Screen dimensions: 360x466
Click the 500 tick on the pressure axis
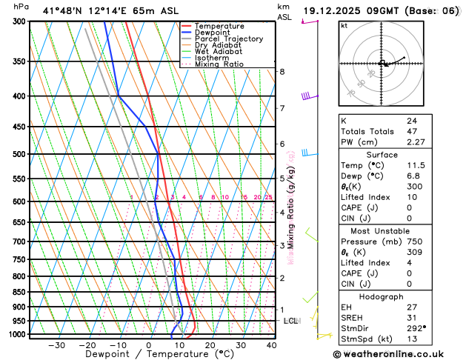click(19, 154)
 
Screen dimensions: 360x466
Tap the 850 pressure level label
click(19, 292)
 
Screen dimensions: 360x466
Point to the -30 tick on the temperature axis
click(56, 345)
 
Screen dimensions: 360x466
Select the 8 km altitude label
click(282, 71)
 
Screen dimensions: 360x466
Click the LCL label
click(290, 321)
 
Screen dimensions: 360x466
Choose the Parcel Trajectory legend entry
click(228, 39)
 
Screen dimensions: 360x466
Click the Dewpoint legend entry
click(213, 33)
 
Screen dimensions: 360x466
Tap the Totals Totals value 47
click(411, 132)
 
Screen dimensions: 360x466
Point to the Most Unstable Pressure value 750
click(413, 242)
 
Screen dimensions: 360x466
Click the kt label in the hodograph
click(344, 26)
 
